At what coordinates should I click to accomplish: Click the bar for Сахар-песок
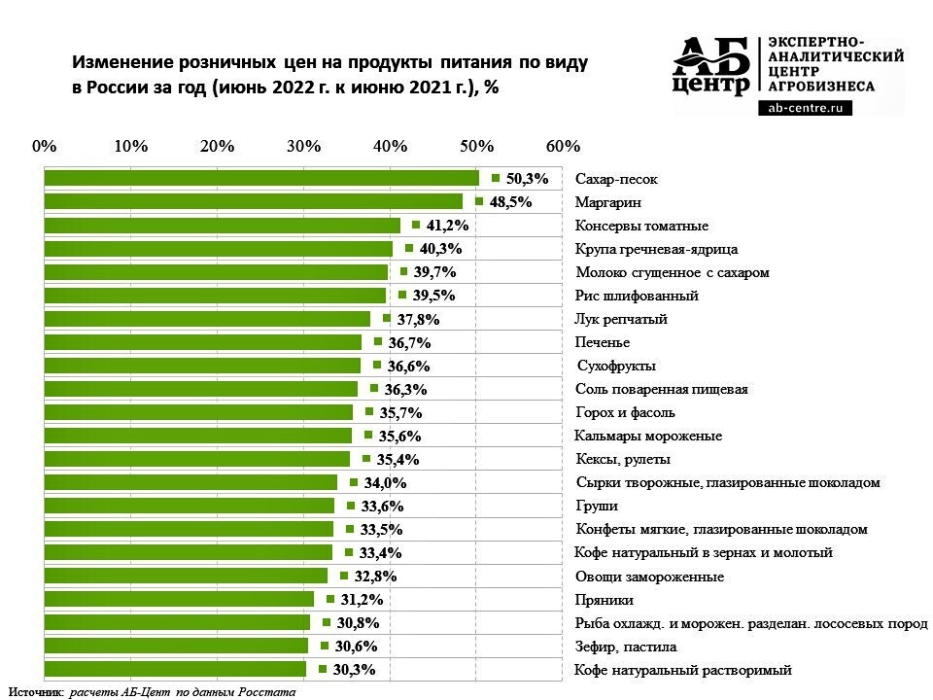[x=262, y=178]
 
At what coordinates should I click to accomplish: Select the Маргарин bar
[x=255, y=201]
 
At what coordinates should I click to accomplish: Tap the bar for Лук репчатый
[x=208, y=319]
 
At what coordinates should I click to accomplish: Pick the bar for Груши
[x=190, y=506]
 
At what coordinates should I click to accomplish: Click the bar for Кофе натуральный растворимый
[x=176, y=669]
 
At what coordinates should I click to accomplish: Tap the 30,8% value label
[x=357, y=623]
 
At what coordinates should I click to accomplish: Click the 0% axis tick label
[x=45, y=146]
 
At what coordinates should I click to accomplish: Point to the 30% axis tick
[x=304, y=146]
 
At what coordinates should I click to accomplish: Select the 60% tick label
[x=564, y=146]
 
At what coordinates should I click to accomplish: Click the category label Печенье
[x=603, y=342]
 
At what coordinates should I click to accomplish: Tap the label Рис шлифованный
[x=637, y=296]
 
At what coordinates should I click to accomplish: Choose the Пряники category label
[x=605, y=600]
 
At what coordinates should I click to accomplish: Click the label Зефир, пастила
[x=626, y=647]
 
